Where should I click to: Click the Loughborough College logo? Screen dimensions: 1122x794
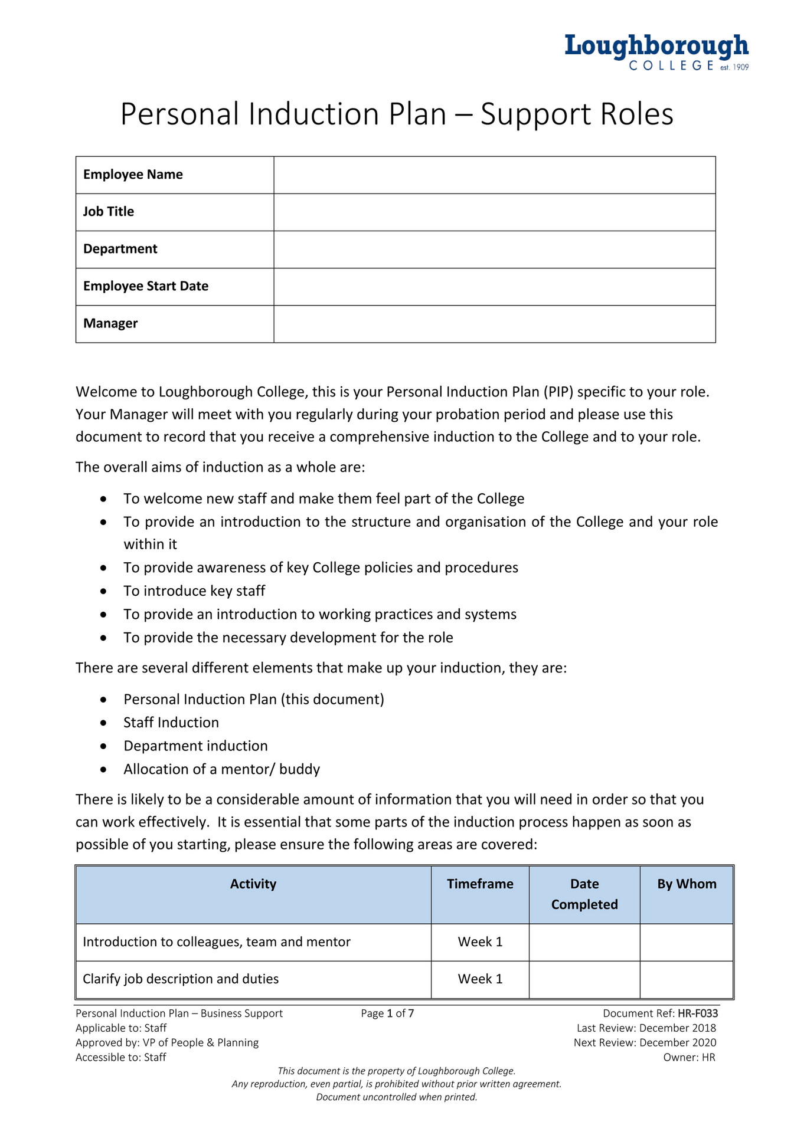(656, 52)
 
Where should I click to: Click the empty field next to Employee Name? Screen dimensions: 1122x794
(494, 175)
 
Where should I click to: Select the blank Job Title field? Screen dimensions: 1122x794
(494, 212)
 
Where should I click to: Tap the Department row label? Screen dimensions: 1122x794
(120, 249)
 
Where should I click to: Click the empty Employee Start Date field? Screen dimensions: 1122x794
(494, 287)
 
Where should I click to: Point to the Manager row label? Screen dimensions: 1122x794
(110, 323)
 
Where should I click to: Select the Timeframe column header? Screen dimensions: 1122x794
(479, 884)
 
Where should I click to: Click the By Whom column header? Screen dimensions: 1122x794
(687, 884)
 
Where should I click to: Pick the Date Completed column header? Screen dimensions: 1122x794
(584, 894)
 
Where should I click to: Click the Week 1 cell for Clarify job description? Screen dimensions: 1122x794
(479, 979)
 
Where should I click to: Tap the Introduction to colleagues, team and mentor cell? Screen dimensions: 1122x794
(217, 941)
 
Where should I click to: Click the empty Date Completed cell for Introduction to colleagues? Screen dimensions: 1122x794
(584, 941)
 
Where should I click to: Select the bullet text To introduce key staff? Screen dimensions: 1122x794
(194, 591)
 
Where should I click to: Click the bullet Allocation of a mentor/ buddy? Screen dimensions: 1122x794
(221, 769)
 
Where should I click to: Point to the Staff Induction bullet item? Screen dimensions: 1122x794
(171, 723)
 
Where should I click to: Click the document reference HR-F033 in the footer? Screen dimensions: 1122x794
(697, 1013)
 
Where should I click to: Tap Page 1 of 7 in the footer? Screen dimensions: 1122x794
(387, 1013)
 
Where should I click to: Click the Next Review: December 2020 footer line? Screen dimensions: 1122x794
(645, 1042)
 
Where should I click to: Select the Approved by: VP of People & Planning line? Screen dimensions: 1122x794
(167, 1042)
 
